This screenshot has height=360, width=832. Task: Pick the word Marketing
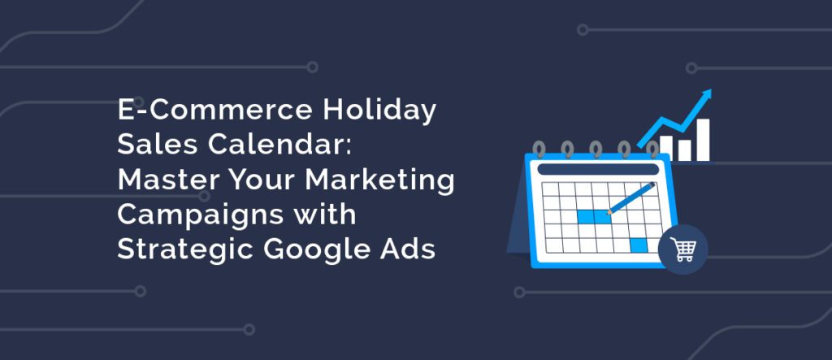pos(379,181)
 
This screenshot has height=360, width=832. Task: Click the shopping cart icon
pos(682,249)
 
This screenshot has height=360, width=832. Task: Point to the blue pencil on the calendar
pos(630,198)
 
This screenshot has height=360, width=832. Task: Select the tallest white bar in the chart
pos(703,140)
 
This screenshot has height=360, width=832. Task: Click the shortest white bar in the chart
pos(684,150)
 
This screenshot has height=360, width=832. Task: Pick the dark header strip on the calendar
pos(598,169)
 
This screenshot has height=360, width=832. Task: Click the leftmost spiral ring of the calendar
pos(539,150)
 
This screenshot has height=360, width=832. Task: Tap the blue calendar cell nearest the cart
pos(639,245)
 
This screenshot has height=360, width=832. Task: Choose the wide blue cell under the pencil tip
pos(593,217)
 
